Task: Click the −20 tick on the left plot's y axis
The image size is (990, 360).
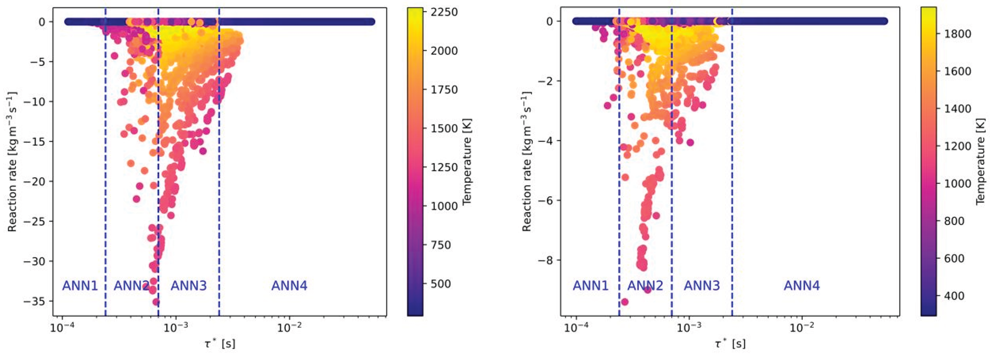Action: pyautogui.click(x=38, y=181)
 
